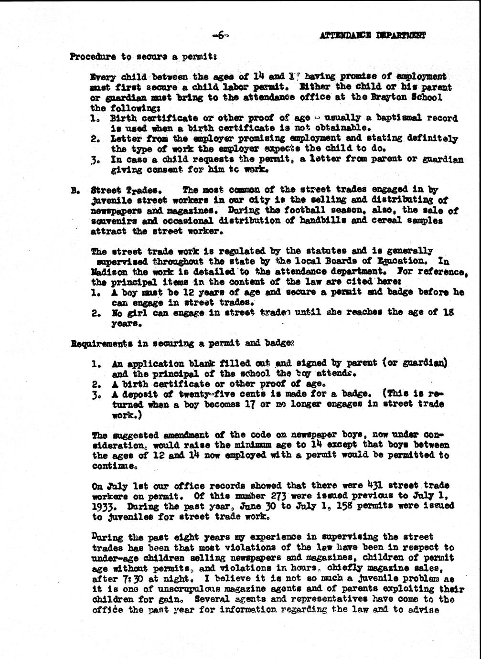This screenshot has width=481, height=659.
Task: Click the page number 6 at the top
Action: click(x=221, y=34)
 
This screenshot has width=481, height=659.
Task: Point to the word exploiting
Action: click(x=423, y=589)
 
